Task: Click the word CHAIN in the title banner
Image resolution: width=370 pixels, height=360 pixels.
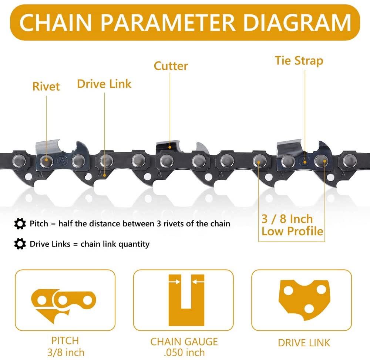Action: (x=55, y=23)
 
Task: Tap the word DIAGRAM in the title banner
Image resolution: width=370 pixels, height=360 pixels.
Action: (x=297, y=23)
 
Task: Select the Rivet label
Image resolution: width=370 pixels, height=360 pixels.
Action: (x=46, y=86)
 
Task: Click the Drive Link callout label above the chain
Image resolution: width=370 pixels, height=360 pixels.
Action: (x=104, y=84)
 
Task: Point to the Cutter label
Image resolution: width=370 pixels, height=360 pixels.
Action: (x=171, y=66)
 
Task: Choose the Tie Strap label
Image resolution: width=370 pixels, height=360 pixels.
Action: (x=299, y=61)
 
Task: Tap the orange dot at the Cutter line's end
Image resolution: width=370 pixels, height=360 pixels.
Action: (x=170, y=147)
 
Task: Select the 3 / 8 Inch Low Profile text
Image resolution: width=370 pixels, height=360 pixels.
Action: (x=292, y=225)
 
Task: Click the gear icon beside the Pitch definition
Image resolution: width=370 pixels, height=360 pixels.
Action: (x=20, y=223)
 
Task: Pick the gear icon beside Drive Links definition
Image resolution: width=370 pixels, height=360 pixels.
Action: (x=20, y=244)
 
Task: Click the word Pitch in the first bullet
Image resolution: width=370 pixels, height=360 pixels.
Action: (x=39, y=223)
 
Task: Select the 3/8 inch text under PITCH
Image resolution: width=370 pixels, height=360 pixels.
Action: (x=66, y=353)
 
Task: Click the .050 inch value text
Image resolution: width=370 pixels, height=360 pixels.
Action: (x=184, y=353)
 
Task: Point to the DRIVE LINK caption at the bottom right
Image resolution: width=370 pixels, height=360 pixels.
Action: (x=304, y=343)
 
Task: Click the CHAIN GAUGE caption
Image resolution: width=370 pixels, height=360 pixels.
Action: (x=184, y=342)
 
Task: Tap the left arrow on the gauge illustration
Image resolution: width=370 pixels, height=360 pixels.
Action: (x=175, y=282)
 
